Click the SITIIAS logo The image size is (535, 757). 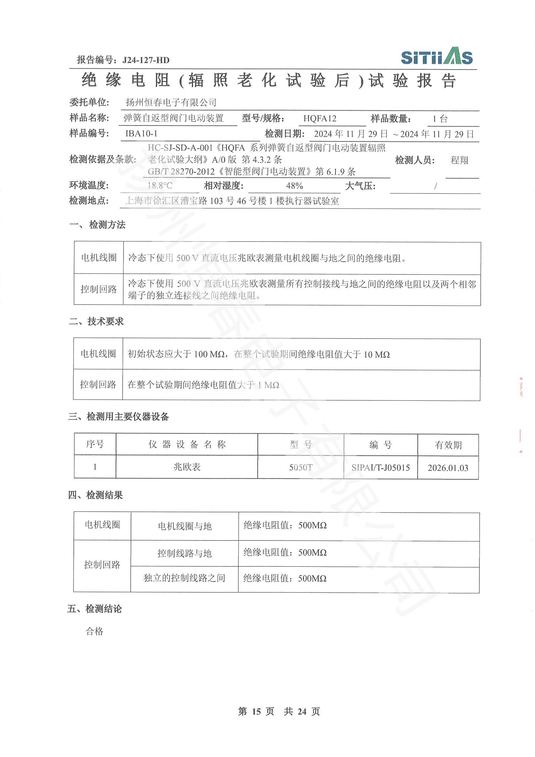436,56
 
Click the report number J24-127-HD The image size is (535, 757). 146,60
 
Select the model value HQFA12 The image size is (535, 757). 320,118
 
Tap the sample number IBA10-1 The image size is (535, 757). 141,134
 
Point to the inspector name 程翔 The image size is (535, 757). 459,160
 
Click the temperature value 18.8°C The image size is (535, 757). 160,186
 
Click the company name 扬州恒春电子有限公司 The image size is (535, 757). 171,103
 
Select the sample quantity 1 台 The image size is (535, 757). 440,119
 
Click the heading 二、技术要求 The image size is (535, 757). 96,321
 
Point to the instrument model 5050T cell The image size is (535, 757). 300,467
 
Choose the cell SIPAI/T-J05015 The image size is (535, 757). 380,468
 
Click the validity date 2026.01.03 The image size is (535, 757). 448,468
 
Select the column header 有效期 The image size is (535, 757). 448,445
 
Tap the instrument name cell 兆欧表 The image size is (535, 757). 187,467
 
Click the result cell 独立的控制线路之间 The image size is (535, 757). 184,578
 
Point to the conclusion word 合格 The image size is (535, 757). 94,631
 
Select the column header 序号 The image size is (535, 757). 95,444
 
